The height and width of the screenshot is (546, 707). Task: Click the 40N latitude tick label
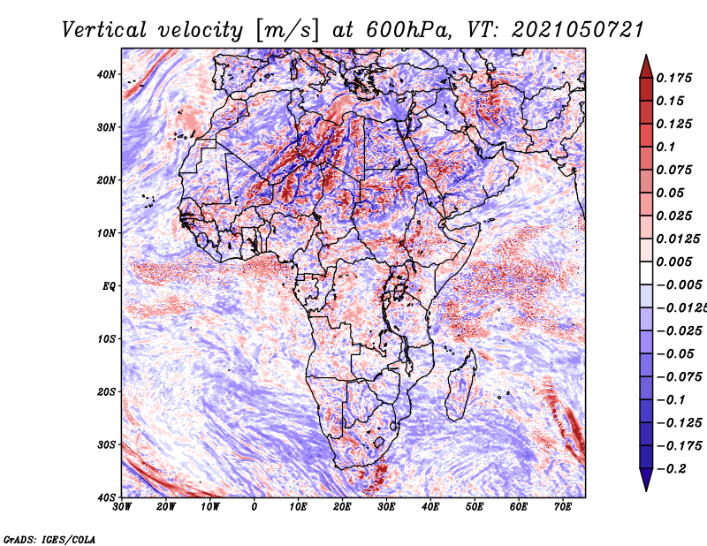point(106,74)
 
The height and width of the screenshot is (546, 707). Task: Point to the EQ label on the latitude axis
point(109,286)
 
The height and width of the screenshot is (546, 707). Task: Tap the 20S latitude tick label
point(106,391)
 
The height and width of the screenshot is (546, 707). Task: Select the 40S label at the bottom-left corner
point(106,497)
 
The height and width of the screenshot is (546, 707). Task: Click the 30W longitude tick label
point(122,507)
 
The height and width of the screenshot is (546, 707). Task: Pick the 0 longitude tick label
point(255,507)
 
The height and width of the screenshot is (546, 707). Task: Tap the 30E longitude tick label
point(386,507)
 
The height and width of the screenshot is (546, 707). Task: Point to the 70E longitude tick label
point(563,507)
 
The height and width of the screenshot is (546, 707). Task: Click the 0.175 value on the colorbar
point(674,78)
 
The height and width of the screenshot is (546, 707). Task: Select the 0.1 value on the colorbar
point(665,147)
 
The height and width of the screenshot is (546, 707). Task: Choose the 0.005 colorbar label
point(674,262)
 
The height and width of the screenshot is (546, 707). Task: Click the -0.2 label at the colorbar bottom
point(671,469)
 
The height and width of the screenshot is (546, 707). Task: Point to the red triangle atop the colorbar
point(646,67)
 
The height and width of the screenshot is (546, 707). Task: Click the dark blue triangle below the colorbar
point(646,480)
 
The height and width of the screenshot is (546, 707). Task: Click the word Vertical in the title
point(104,30)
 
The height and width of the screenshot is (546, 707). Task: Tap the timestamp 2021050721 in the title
point(578,30)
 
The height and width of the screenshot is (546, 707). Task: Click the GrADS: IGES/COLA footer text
point(49,540)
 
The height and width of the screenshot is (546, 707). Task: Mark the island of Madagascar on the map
point(461,384)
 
